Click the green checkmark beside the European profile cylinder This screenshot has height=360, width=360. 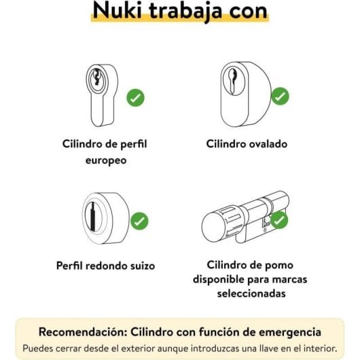pyautogui.click(x=136, y=98)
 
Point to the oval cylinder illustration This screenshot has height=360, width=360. pyautogui.click(x=243, y=95)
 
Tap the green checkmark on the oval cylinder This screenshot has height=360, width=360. pyautogui.click(x=281, y=96)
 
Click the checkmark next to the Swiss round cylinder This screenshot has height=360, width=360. pyautogui.click(x=139, y=221)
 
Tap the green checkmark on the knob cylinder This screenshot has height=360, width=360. pyautogui.click(x=280, y=220)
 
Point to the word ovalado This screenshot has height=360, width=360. pyautogui.click(x=267, y=144)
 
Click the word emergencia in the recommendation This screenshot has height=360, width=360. pyautogui.click(x=282, y=332)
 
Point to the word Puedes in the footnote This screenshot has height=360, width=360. pyautogui.click(x=39, y=348)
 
